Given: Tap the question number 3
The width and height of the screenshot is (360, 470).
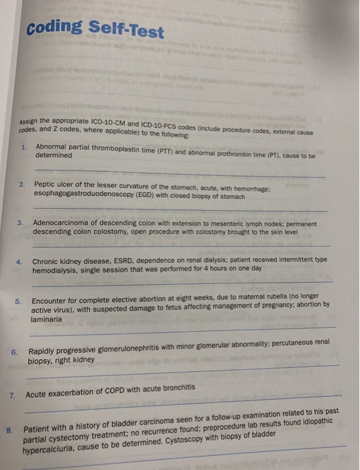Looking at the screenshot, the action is point(21,222).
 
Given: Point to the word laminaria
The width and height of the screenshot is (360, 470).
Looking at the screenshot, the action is point(46,320).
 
